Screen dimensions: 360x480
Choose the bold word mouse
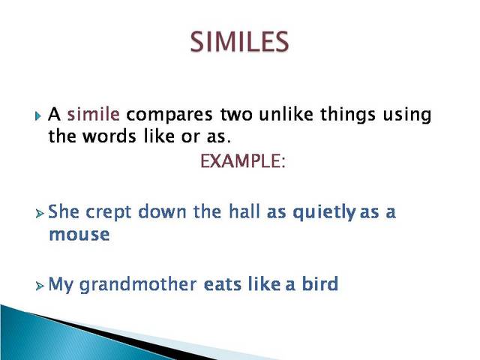point(79,234)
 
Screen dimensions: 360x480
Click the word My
point(60,285)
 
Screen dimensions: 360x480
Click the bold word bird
point(319,285)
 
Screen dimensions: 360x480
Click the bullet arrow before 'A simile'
point(39,117)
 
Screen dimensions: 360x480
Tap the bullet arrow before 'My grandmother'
point(39,286)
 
